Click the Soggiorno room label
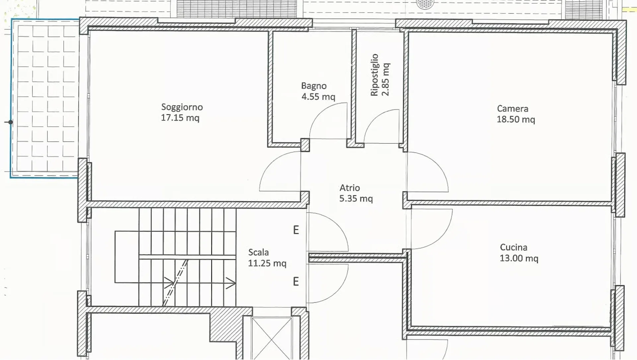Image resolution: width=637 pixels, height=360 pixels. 182,108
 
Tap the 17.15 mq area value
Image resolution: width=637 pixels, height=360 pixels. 180,118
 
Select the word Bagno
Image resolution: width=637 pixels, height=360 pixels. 314,86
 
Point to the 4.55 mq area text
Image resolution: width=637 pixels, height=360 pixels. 318,97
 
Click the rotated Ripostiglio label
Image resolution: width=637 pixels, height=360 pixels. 375,75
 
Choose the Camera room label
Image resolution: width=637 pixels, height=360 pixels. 513,109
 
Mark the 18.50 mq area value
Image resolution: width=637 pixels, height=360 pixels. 516,119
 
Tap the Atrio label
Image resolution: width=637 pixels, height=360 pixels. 350,188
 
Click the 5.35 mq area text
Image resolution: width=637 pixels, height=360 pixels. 356,199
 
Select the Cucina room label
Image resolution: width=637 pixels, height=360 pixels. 514,248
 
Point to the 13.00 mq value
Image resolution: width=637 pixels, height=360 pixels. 519,258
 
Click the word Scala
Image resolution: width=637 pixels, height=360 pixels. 258,252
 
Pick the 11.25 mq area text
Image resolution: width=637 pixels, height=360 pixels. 267,263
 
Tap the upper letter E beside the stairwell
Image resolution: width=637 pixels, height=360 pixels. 296,230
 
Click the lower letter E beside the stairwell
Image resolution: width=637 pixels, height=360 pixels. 296,282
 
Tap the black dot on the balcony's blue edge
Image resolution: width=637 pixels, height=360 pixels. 11,122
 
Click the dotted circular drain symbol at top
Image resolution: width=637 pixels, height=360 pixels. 425,4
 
